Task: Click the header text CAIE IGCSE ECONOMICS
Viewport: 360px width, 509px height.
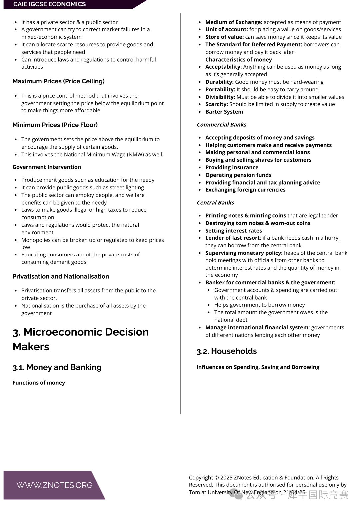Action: (49, 4)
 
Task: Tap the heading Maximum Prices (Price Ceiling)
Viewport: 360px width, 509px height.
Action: (59, 81)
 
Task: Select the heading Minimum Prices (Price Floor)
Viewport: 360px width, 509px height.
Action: (55, 125)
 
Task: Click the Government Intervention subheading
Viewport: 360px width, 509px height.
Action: (47, 167)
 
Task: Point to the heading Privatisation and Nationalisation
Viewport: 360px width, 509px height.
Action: (61, 276)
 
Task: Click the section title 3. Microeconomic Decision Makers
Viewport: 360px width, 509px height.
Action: (80, 339)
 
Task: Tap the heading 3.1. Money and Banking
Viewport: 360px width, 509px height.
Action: (57, 367)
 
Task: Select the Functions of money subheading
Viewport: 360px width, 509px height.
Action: (39, 383)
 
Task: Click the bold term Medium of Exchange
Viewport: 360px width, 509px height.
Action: (234, 22)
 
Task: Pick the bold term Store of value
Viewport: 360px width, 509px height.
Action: (224, 37)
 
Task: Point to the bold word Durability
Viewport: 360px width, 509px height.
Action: (219, 82)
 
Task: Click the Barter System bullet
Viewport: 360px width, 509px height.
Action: (224, 112)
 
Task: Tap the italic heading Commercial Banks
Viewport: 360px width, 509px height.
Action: (222, 125)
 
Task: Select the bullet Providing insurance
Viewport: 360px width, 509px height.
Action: (232, 167)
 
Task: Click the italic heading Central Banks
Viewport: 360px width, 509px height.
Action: (215, 203)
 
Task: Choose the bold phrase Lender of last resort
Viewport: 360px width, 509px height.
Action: (232, 238)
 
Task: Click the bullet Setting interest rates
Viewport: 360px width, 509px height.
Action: (233, 231)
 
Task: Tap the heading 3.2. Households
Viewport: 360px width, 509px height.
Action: (227, 351)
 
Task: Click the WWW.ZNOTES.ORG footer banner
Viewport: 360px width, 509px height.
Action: (54, 485)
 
